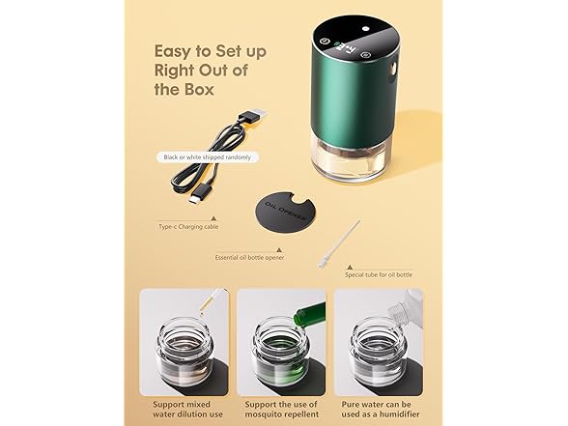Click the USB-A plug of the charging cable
(253, 119)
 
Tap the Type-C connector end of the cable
(198, 195)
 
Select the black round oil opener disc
(283, 212)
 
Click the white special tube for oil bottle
(339, 243)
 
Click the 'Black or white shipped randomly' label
(207, 157)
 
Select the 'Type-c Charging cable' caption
(188, 227)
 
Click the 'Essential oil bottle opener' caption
(249, 258)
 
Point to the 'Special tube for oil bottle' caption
(379, 275)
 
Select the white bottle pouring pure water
(406, 308)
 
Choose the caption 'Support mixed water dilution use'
(187, 409)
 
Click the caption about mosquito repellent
(281, 409)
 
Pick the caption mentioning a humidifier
(380, 409)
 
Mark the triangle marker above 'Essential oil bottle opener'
(279, 250)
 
